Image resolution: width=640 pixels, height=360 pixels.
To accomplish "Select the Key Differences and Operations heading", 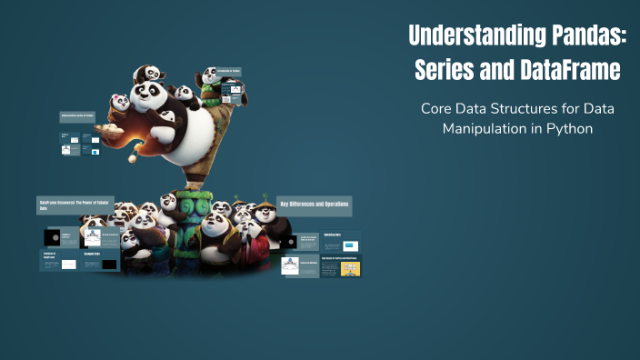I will click(314, 204).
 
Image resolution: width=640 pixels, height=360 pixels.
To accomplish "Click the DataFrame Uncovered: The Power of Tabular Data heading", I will click(75, 204).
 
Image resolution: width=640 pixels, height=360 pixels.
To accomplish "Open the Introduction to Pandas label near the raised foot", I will click(223, 71).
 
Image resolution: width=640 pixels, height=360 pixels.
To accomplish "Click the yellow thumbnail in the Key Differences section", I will click(350, 269).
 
